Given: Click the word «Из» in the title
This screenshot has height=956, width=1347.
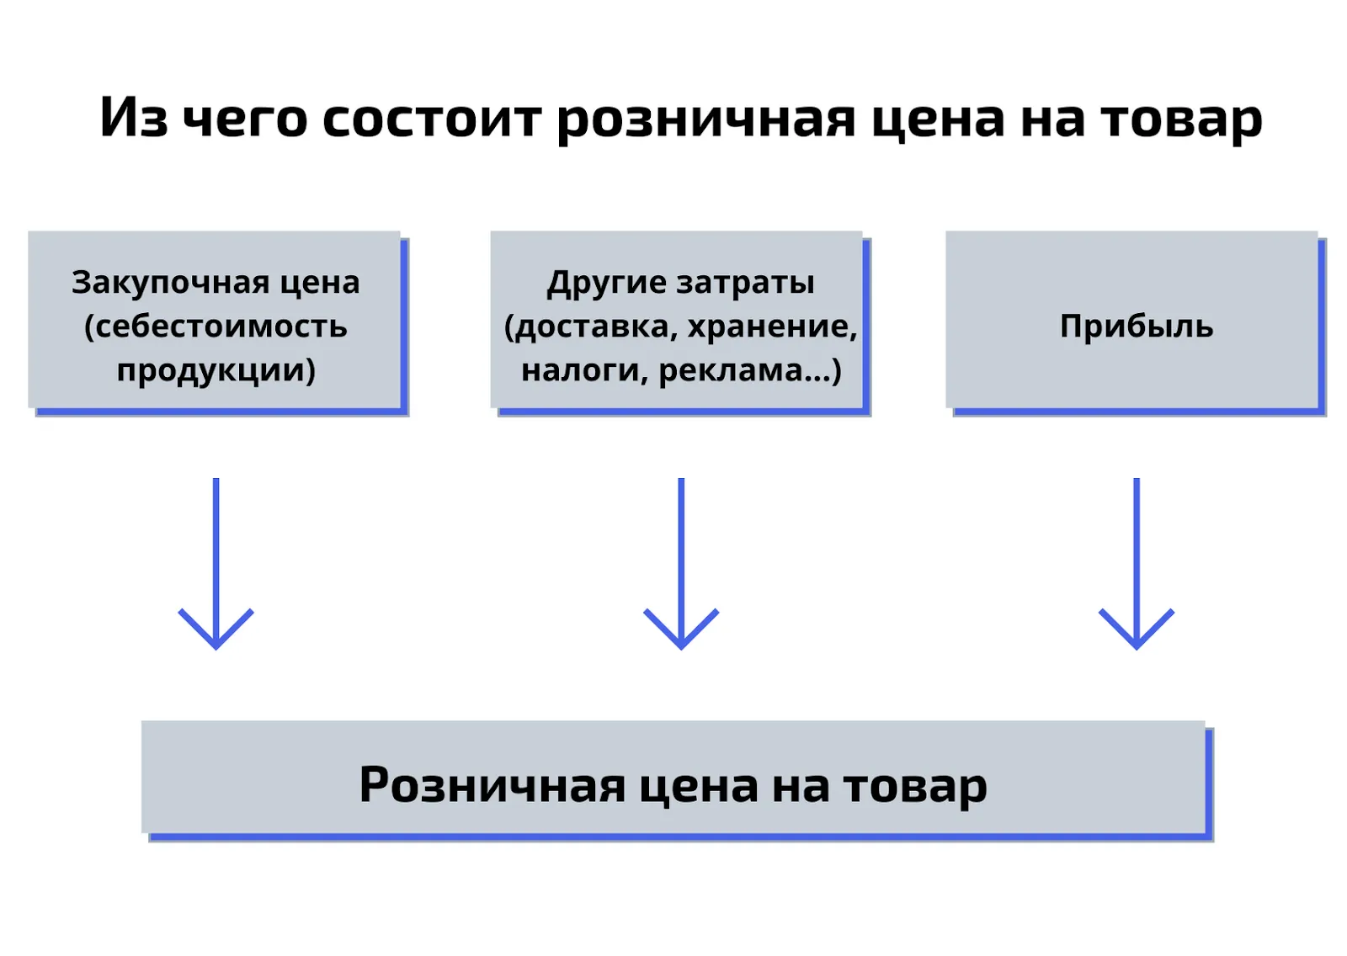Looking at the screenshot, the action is (x=134, y=118).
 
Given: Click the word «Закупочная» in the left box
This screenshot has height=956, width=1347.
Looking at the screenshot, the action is (x=170, y=283).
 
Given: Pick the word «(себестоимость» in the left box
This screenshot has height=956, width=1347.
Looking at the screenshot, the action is (x=216, y=327).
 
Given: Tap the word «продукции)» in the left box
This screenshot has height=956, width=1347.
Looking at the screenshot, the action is (x=216, y=370).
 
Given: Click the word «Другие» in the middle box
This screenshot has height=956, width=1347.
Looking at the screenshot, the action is (x=604, y=284).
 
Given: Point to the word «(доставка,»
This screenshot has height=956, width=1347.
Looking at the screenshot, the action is (x=586, y=327).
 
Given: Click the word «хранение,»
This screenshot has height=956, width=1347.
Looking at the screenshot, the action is (x=772, y=327).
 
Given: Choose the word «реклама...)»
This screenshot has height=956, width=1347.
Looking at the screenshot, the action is (x=750, y=370).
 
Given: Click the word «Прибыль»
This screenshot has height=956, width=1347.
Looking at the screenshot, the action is (x=1137, y=327).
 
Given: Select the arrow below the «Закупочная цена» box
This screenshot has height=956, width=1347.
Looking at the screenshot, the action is (x=216, y=564).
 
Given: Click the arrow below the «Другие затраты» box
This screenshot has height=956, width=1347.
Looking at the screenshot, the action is (x=681, y=564).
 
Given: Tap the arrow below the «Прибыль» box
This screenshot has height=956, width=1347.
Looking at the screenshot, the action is (x=1136, y=564).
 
